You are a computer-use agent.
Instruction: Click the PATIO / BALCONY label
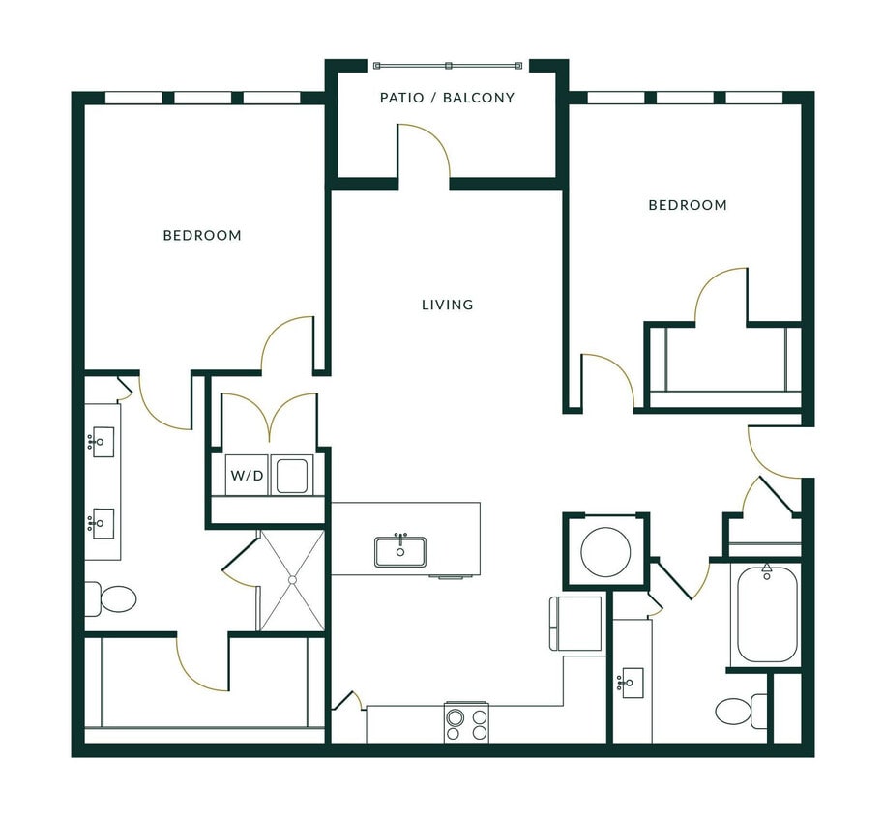coord(447,98)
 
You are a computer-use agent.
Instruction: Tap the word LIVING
coord(447,305)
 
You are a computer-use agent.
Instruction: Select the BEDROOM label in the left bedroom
coord(202,235)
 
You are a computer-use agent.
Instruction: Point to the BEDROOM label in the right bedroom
coord(687,205)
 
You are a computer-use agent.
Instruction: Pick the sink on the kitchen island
coord(400,551)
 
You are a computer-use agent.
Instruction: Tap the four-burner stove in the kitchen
coord(466,723)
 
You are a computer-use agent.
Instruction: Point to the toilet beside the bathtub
coord(741,712)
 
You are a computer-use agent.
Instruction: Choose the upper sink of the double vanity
coord(102,442)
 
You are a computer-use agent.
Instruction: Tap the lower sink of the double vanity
coord(102,523)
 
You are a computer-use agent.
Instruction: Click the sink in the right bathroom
coord(632,682)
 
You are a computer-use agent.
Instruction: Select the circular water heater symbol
coord(605,551)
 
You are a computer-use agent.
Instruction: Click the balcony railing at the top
coord(448,66)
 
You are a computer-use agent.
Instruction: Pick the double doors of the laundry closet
coord(269,417)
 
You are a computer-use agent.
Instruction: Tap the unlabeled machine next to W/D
coord(291,475)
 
